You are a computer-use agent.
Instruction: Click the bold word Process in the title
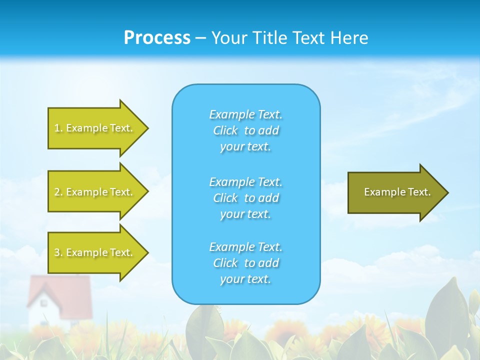pos(157,38)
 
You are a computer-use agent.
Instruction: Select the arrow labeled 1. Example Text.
pos(95,128)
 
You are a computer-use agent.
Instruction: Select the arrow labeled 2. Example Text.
pos(95,192)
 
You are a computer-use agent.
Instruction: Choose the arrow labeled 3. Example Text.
pos(95,252)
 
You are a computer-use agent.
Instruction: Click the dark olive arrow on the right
pos(395,192)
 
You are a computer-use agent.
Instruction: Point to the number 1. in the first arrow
pos(58,128)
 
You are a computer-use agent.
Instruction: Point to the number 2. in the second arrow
pos(58,192)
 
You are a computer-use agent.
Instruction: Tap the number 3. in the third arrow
pos(58,252)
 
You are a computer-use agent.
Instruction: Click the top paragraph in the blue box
pos(245,130)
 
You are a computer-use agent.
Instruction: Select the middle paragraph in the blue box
pos(245,198)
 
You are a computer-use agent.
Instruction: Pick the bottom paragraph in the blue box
pos(245,263)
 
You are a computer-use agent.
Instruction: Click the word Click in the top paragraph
pos(225,130)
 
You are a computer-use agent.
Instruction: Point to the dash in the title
pos(200,38)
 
